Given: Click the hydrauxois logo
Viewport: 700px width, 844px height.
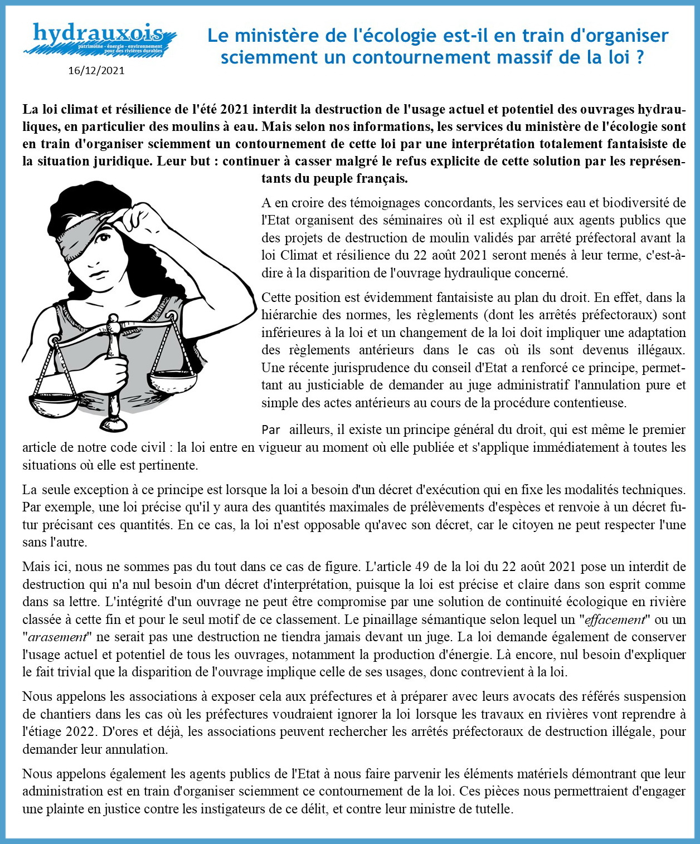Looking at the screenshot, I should [x=99, y=38].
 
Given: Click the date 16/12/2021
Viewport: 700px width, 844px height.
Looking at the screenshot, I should [x=96, y=71].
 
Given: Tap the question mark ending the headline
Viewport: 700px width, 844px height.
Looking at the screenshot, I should [x=639, y=57].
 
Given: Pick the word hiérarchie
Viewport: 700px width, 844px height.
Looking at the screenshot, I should [x=290, y=315].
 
